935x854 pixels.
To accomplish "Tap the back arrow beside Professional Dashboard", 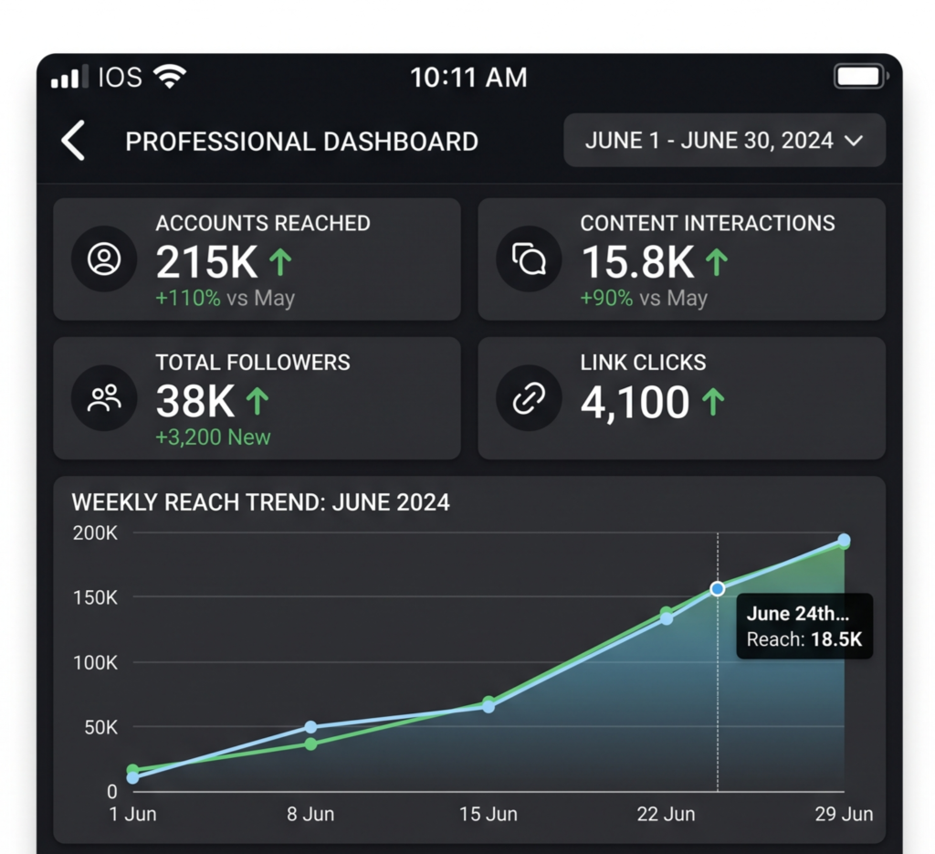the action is [x=73, y=141].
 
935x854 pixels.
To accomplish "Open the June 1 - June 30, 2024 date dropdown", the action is [x=724, y=140].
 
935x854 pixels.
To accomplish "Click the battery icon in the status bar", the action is [x=860, y=77].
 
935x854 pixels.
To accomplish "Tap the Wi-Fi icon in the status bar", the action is [x=169, y=77].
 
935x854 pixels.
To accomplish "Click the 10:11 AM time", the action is [x=468, y=78].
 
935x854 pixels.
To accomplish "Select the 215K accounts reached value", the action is [x=206, y=262].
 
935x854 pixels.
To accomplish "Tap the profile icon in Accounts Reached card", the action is [x=104, y=259].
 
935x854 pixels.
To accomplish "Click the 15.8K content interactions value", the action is [x=637, y=262].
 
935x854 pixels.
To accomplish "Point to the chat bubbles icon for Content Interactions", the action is [x=529, y=259].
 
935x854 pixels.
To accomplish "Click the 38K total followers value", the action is [x=195, y=401].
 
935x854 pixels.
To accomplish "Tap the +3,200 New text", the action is [x=213, y=438].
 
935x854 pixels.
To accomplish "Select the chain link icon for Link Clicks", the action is [x=529, y=398].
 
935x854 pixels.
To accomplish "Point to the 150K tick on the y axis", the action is [x=95, y=597].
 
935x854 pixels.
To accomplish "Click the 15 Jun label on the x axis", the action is [x=489, y=814].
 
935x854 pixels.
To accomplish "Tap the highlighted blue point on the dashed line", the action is [x=718, y=588].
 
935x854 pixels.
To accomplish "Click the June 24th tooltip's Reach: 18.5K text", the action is [x=804, y=639].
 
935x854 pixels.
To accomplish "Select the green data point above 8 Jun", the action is [x=310, y=743].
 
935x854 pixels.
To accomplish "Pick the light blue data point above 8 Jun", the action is [x=310, y=727].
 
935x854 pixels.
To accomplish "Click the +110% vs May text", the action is [x=225, y=298].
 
